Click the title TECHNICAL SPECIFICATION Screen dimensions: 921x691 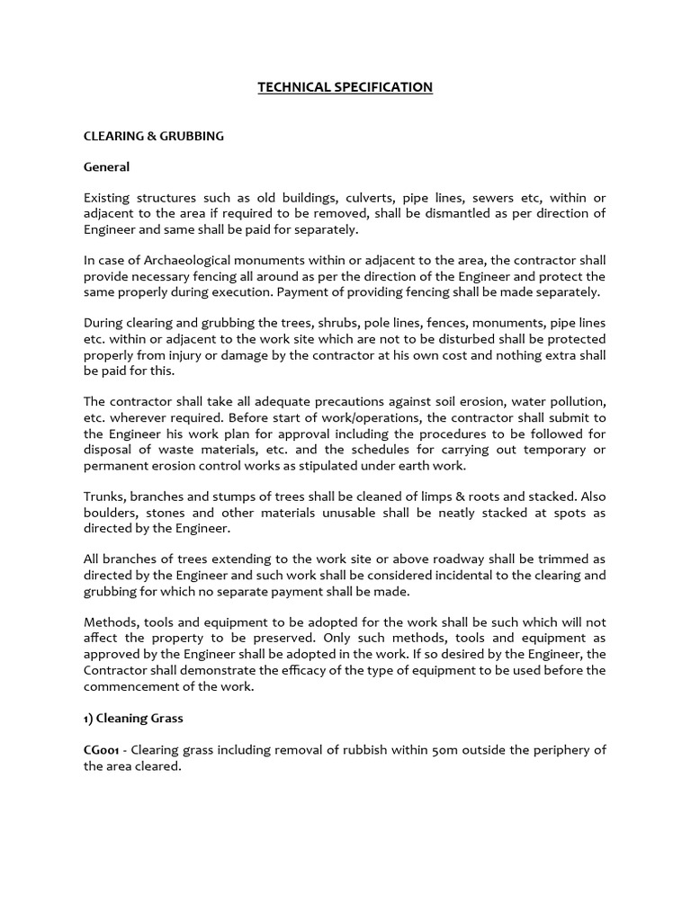coord(345,87)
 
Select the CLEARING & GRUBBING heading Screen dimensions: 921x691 coord(154,136)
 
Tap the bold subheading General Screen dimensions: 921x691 coord(107,166)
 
